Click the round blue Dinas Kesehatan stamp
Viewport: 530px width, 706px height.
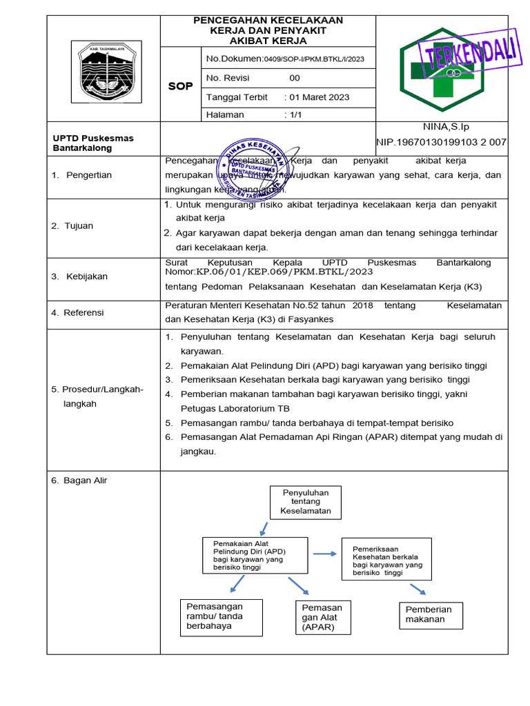pos(253,172)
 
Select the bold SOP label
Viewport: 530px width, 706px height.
pos(181,86)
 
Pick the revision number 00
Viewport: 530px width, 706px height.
pos(295,78)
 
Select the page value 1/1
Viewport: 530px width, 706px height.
pos(296,115)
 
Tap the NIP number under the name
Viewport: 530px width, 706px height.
pos(442,143)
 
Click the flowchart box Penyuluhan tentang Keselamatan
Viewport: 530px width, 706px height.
pos(306,502)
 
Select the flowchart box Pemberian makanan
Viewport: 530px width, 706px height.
pos(431,614)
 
